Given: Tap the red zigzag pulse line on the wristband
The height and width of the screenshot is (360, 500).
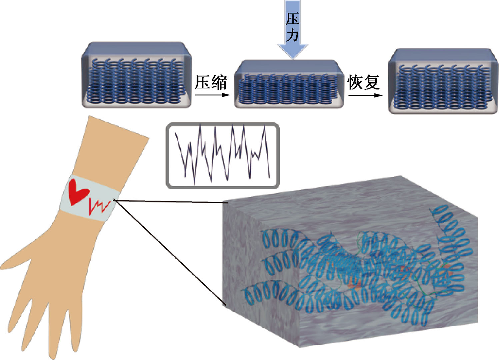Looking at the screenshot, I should click(99, 206).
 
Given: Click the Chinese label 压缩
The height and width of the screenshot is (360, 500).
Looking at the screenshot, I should click(211, 82).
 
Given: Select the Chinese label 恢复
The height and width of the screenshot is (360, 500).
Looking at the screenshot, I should click(363, 82).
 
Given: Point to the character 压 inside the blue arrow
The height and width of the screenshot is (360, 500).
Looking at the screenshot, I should click(292, 19).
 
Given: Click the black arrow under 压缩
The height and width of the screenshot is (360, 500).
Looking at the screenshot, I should click(212, 95).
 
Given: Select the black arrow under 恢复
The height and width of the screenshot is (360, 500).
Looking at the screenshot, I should click(365, 95).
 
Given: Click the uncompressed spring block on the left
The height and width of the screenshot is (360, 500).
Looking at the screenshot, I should click(136, 75).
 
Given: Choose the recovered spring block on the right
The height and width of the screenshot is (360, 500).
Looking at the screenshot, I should click(443, 81).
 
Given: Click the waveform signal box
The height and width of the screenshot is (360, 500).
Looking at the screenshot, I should click(223, 155).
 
